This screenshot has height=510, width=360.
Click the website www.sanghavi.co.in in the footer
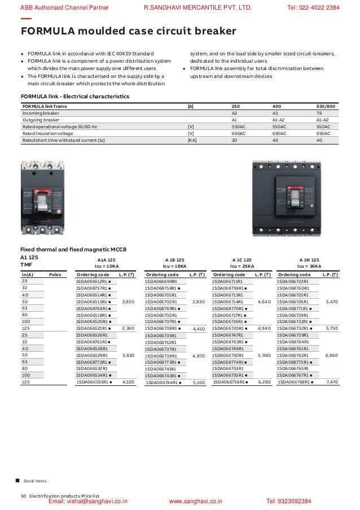(x=196, y=501)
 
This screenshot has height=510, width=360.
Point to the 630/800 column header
(x=326, y=106)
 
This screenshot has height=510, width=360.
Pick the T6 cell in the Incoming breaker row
(x=319, y=113)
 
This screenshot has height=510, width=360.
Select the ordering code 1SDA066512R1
(x=92, y=281)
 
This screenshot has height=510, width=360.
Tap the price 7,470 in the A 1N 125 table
(x=332, y=382)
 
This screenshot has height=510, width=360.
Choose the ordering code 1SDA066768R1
(x=297, y=382)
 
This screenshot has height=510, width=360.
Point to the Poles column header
(x=55, y=274)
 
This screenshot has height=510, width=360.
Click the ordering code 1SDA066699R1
(x=161, y=281)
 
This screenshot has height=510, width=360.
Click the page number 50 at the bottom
(x=23, y=495)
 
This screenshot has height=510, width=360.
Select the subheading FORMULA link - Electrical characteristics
(x=74, y=97)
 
